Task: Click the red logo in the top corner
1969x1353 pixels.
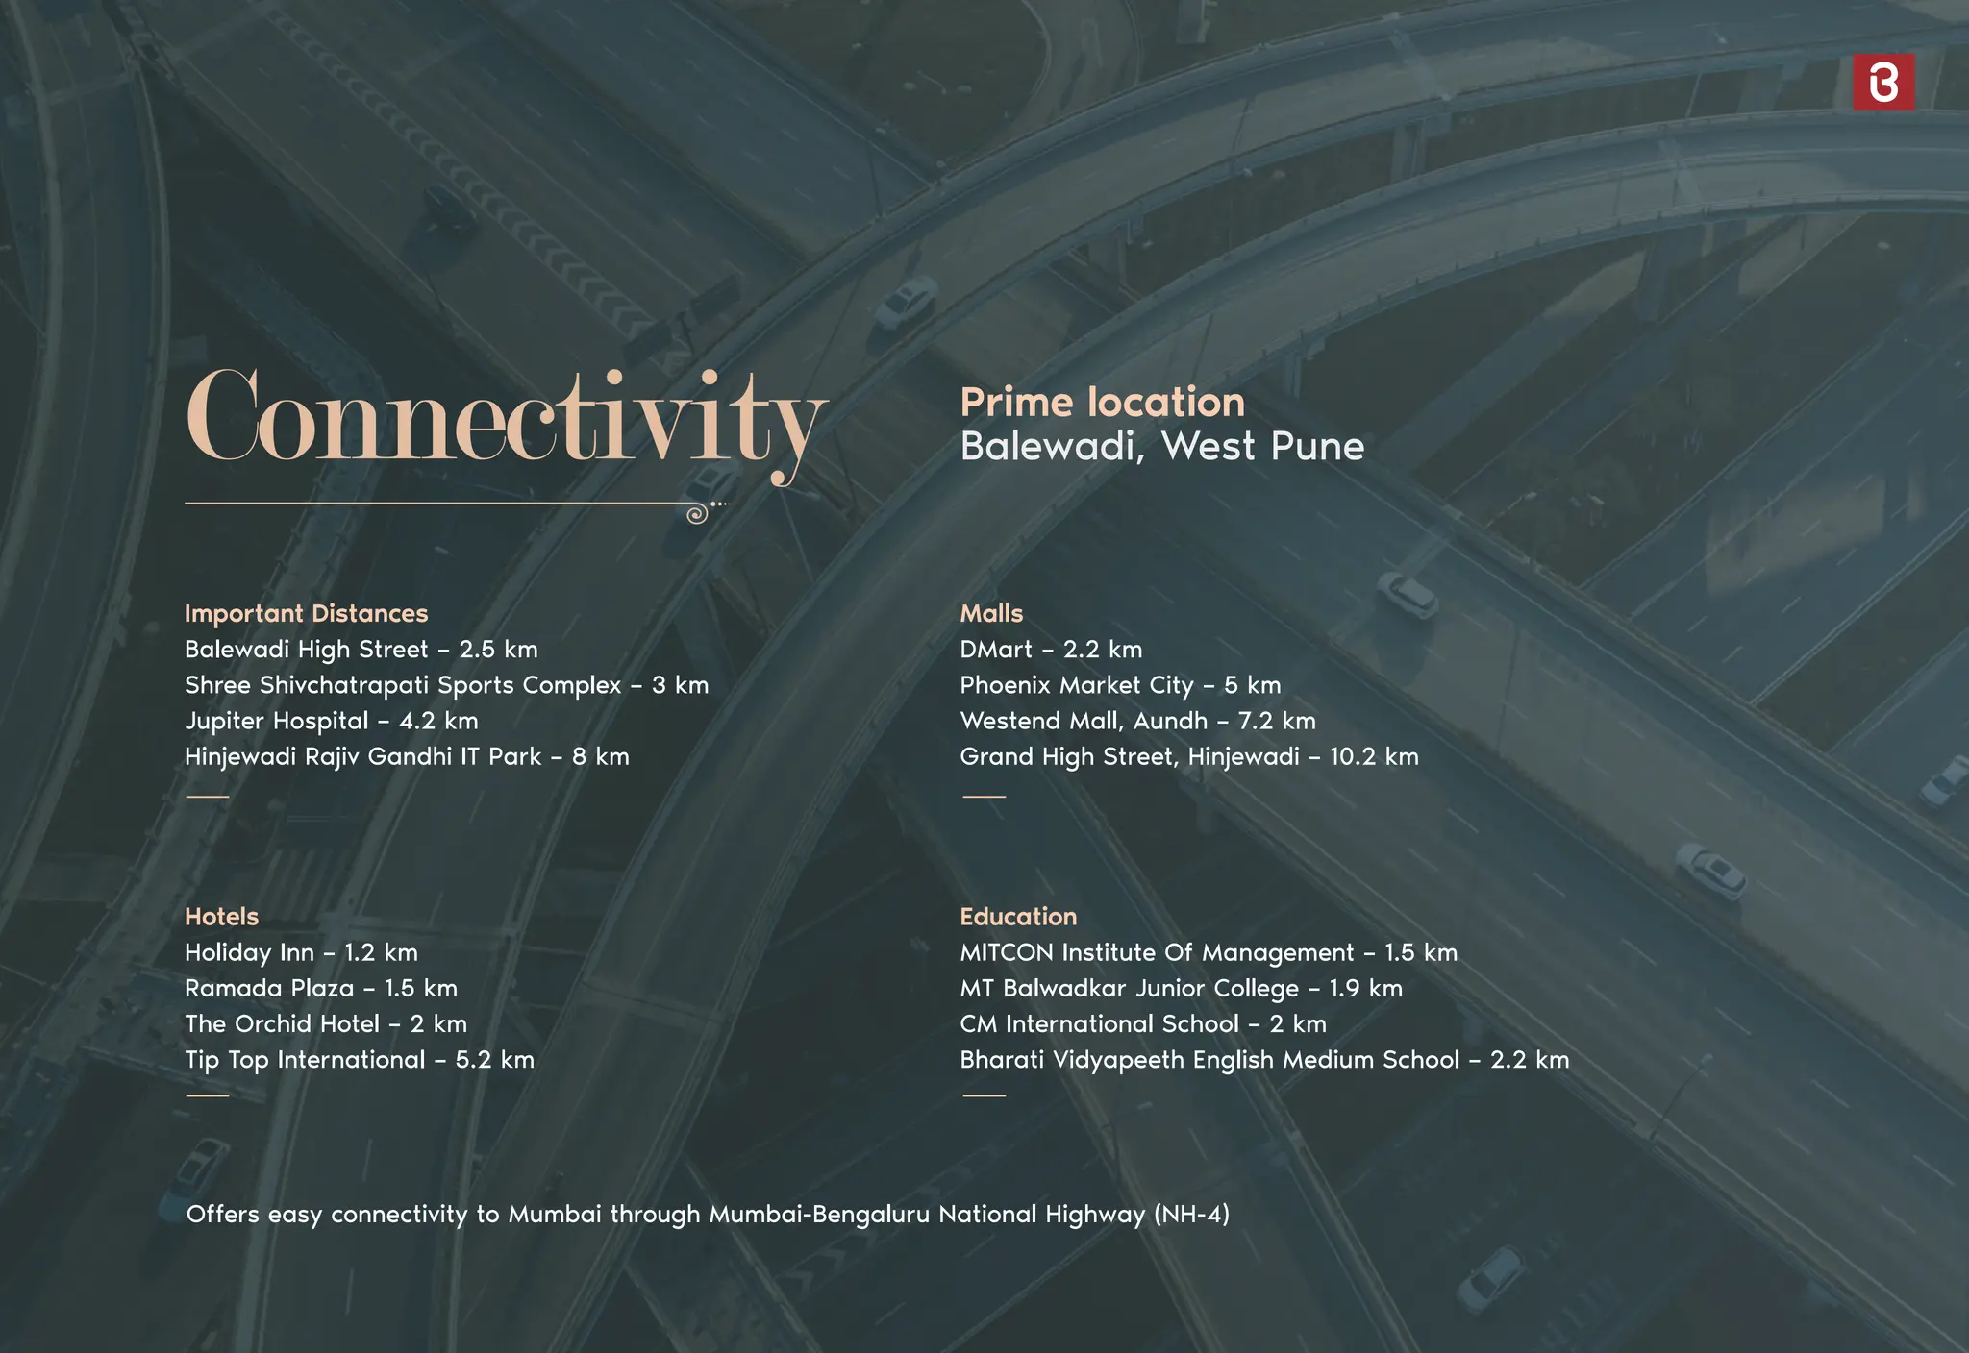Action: pos(1882,82)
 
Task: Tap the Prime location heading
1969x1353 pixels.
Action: pos(1102,402)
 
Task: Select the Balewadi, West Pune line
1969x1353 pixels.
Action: pos(1161,446)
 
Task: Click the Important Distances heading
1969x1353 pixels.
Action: pos(306,613)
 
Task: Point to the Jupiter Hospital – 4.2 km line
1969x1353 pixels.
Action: pos(331,721)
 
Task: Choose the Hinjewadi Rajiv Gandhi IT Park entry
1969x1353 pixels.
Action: pos(407,756)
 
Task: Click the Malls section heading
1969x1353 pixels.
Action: pos(991,613)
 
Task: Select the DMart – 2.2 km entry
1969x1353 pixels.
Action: pos(1050,650)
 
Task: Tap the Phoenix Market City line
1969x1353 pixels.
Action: pos(1119,685)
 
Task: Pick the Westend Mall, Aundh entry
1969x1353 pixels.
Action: pos(1137,721)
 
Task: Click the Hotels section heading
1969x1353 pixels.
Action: pos(221,916)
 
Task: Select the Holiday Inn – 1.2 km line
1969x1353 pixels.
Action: pos(301,952)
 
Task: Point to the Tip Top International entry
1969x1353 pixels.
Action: pos(359,1059)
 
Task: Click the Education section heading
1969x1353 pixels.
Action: pos(1018,916)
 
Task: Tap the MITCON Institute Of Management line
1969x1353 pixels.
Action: pos(1208,952)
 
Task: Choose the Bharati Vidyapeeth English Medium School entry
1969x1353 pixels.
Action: pos(1263,1059)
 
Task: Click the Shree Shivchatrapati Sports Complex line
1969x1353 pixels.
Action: pos(446,685)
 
